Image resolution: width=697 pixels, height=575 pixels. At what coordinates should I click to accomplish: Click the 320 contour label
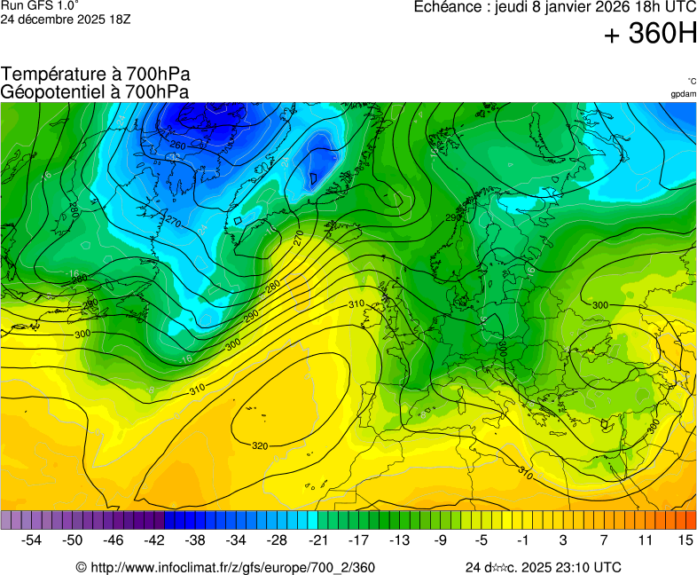[260, 445]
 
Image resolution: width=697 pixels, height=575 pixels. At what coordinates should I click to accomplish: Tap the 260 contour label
[177, 146]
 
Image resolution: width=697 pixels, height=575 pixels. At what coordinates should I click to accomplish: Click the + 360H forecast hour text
[650, 35]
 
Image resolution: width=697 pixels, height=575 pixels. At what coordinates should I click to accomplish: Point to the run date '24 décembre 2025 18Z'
[66, 19]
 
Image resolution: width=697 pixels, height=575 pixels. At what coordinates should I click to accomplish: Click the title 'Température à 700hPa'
[96, 75]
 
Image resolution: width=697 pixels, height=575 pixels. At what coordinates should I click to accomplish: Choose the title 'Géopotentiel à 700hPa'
[95, 91]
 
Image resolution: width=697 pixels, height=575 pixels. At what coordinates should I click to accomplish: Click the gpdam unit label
[683, 94]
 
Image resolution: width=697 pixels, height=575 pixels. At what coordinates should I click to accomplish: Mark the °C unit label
[691, 81]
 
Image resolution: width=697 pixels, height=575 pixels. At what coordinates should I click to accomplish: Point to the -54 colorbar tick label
[32, 540]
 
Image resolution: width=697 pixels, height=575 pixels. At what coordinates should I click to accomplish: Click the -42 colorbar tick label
[154, 540]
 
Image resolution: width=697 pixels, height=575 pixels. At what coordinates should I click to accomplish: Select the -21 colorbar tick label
[317, 540]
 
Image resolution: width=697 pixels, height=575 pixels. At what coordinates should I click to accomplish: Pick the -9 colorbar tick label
[440, 540]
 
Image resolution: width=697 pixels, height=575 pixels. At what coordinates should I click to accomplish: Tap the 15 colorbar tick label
[685, 540]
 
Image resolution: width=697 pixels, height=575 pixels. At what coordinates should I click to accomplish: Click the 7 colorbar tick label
[603, 540]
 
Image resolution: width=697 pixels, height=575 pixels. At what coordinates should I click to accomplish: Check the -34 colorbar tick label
[236, 540]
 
